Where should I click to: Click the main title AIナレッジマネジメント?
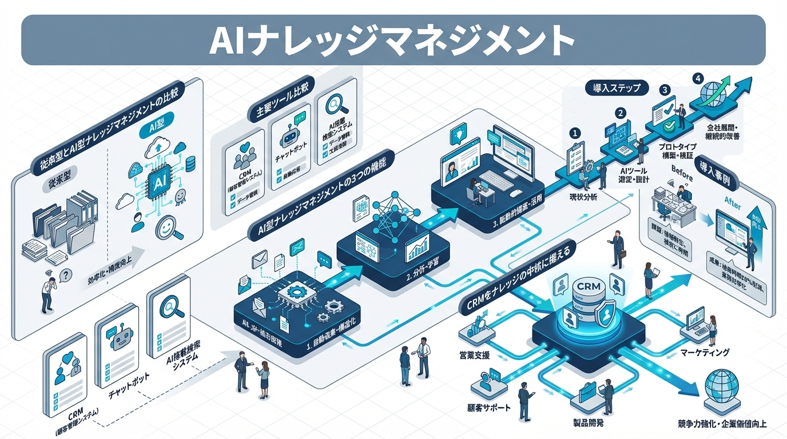[393, 40]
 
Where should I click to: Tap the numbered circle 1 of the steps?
[576, 133]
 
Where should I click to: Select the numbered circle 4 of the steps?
[697, 79]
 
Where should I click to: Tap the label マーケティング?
[705, 353]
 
